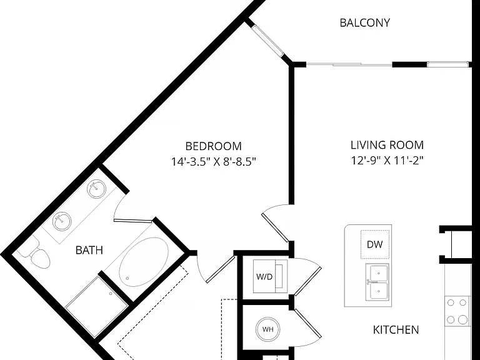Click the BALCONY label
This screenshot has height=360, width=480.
point(364,22)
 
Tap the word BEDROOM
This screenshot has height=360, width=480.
point(213,146)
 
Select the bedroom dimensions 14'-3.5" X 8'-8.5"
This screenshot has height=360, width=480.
point(213,161)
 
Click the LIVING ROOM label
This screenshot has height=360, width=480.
point(387,145)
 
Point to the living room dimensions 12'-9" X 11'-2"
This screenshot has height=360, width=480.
point(387,160)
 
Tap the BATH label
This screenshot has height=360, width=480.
point(89,250)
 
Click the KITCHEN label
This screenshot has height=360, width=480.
point(396,330)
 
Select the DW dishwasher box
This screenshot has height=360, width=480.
point(375,244)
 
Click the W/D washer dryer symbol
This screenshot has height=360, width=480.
point(270,276)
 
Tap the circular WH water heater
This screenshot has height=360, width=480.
point(268,329)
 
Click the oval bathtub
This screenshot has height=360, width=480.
point(144,262)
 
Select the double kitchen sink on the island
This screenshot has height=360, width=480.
point(379,282)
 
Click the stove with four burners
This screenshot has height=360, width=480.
point(457,311)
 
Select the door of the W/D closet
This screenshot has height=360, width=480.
point(307,277)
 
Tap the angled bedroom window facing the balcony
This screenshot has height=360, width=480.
point(268,41)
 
